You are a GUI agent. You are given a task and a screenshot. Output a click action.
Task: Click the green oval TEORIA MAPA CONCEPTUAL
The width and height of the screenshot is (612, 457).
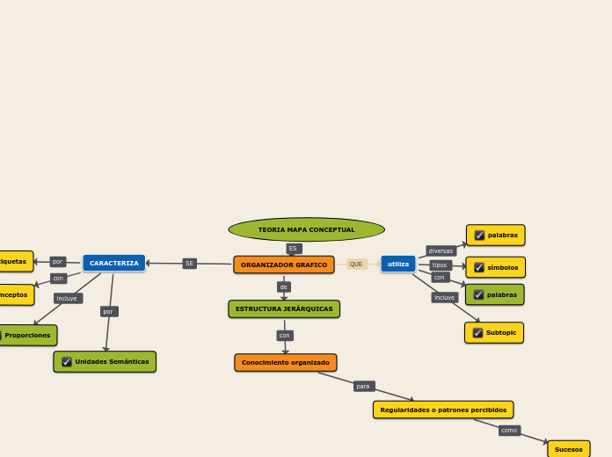pos(306,230)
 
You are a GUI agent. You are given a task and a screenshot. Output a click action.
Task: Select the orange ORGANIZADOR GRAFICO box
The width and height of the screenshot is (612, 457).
pos(284,265)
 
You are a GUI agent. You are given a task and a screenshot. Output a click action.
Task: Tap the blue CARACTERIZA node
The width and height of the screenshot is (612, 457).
pos(114,263)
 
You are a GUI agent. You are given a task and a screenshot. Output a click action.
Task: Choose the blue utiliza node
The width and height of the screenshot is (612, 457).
pos(398,264)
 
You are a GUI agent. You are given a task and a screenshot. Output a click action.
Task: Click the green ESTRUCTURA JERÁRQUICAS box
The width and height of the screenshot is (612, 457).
pos(284,308)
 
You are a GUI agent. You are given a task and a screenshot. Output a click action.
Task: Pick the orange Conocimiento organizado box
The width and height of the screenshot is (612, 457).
pos(286,362)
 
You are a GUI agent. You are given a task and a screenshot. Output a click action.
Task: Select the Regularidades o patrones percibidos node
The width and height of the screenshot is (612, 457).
pos(443,410)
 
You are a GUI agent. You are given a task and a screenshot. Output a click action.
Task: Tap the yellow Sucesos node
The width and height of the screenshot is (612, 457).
pos(569,449)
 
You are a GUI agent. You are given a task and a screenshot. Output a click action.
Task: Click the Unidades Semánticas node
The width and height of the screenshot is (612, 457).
pos(105,361)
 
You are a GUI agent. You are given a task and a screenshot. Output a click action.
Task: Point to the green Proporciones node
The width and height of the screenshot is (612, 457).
pos(27,335)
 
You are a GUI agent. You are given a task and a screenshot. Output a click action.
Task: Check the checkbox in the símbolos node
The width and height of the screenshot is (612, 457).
pos(479,268)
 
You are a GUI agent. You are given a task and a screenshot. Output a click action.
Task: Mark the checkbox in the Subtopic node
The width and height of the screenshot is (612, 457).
pos(477,333)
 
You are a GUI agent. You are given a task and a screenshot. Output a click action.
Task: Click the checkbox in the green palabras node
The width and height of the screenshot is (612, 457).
pos(479,295)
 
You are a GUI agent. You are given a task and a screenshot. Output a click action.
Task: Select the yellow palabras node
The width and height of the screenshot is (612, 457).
pos(496,236)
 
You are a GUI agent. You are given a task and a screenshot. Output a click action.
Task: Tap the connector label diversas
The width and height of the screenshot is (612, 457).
pos(441,251)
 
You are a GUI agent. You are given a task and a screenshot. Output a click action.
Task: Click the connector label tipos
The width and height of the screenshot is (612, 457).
pos(441,265)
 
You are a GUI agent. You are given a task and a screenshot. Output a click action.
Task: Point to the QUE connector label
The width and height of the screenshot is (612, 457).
pos(356,264)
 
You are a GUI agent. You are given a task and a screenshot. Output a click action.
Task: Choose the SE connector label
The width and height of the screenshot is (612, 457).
pos(189,264)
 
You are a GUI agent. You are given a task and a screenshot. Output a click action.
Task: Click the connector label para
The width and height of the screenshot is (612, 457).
pos(364,387)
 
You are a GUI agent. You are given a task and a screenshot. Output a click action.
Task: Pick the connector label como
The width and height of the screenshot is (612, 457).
pos(509,431)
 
